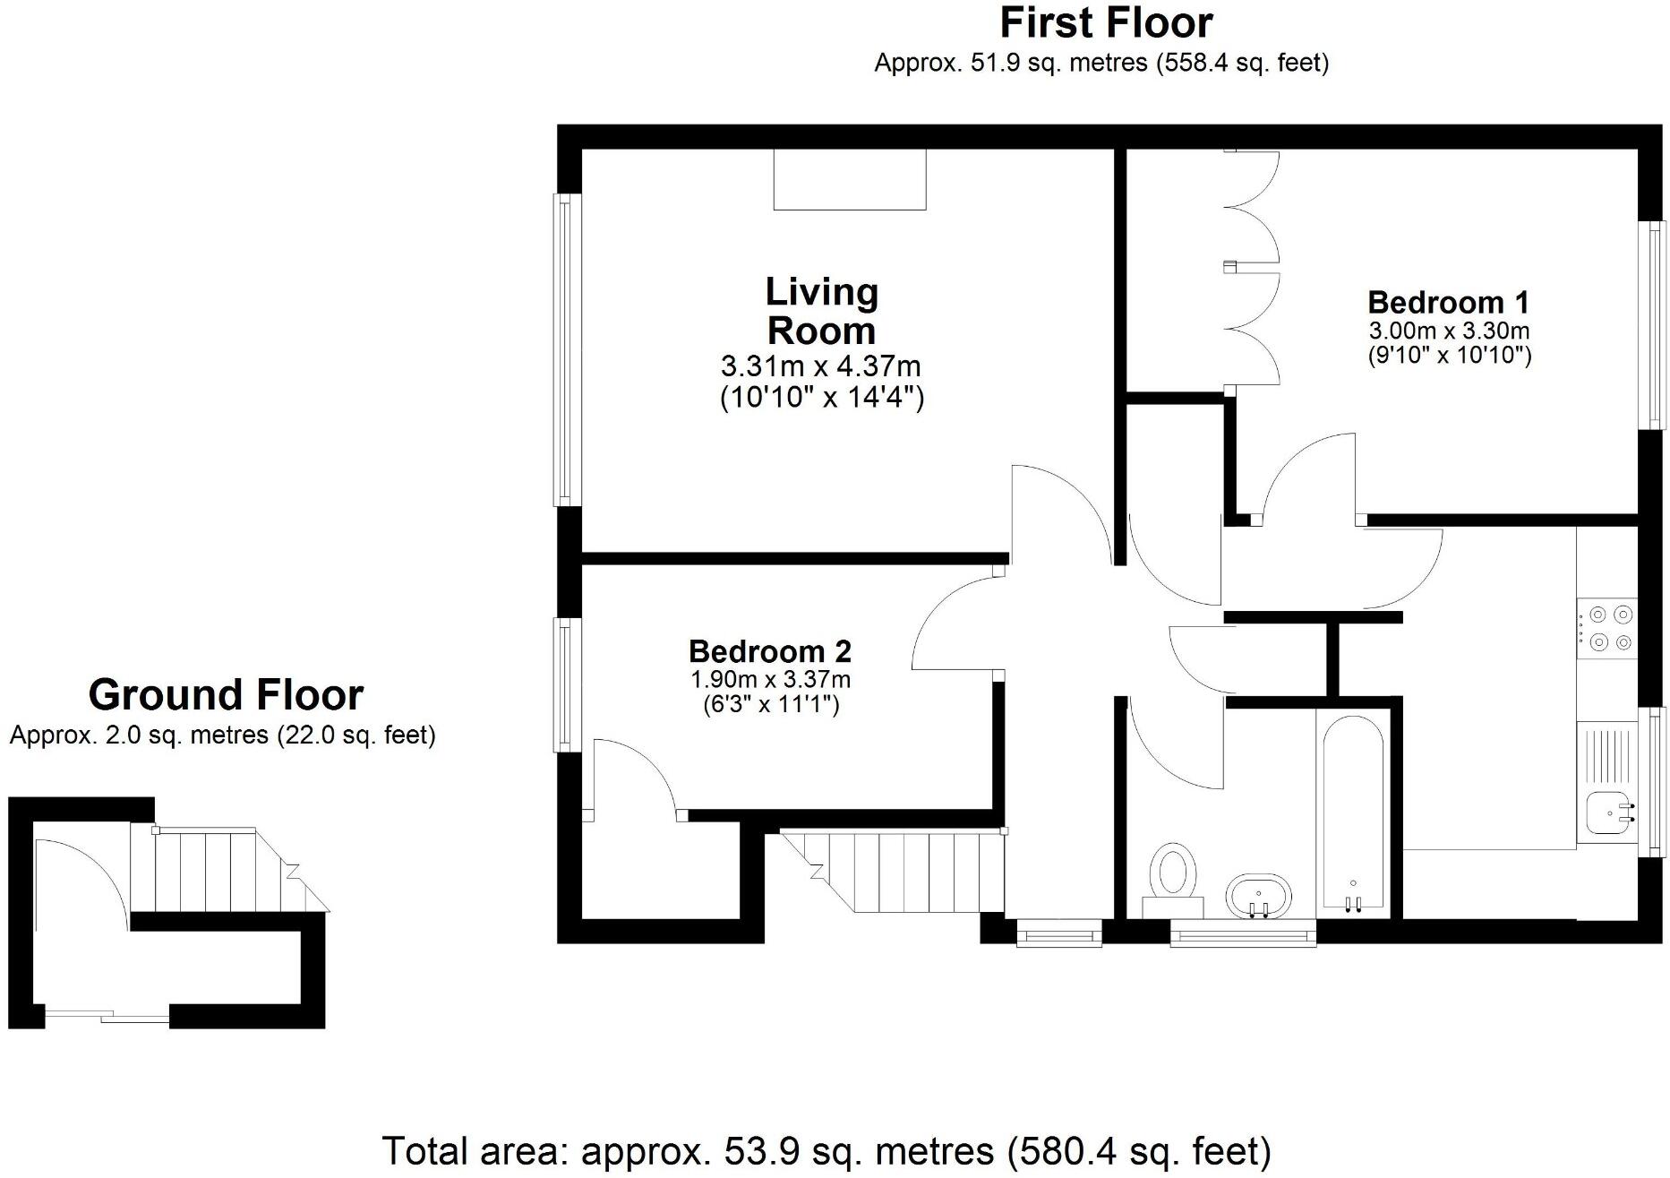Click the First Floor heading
[x=1105, y=23]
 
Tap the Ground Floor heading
[x=226, y=695]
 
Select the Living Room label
[x=821, y=311]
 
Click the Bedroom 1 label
[x=1448, y=302]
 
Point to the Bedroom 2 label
[x=769, y=650]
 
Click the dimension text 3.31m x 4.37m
[x=820, y=366]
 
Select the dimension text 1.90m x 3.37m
[x=769, y=680]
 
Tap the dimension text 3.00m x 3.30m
[x=1448, y=331]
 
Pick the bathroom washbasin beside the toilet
[x=1259, y=895]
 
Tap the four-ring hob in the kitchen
[x=1608, y=628]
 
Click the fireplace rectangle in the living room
[x=849, y=179]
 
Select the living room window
[x=563, y=349]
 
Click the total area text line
[x=826, y=1150]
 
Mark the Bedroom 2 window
[x=563, y=684]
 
